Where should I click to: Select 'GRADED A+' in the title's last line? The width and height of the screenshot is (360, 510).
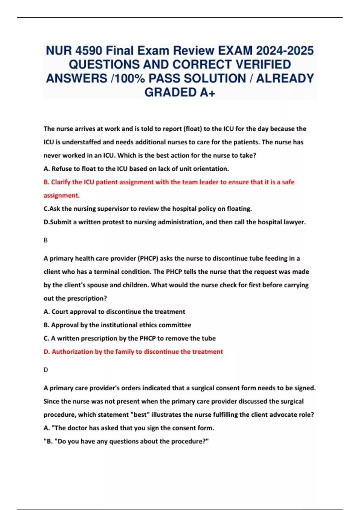pyautogui.click(x=180, y=92)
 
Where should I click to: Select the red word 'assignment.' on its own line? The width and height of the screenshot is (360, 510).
pyautogui.click(x=61, y=195)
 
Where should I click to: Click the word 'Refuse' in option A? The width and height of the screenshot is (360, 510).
pyautogui.click(x=61, y=169)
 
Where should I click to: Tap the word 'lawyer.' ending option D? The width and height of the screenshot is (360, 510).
pyautogui.click(x=296, y=222)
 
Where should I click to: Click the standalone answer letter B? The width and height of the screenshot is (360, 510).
pyautogui.click(x=46, y=240)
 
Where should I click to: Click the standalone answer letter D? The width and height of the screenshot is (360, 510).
pyautogui.click(x=46, y=370)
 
